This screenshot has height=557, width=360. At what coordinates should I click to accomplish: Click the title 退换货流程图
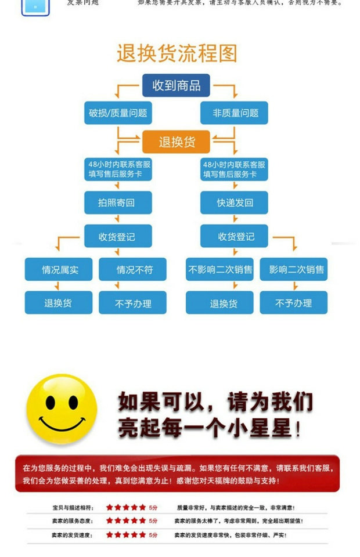177,53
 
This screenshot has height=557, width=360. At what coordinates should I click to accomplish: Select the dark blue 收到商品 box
177,86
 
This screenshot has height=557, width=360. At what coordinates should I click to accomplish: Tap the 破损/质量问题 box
117,113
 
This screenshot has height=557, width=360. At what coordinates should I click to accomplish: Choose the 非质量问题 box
235,113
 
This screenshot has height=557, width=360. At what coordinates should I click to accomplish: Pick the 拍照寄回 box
117,203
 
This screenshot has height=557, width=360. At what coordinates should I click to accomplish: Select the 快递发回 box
235,203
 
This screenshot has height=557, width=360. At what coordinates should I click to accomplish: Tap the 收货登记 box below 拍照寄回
117,237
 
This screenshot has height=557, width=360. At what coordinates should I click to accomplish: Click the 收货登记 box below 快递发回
235,237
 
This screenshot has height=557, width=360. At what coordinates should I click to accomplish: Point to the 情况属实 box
59,270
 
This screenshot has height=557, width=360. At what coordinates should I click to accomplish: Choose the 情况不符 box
132,270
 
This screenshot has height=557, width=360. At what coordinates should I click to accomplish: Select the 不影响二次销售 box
220,270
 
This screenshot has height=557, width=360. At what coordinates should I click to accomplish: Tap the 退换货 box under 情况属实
59,303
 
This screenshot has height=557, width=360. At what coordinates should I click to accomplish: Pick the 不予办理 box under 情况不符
132,303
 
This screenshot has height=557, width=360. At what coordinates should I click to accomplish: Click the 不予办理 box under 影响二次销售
294,303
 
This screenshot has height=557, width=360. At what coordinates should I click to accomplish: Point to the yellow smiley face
63,410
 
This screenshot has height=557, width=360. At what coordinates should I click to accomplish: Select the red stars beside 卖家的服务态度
126,521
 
